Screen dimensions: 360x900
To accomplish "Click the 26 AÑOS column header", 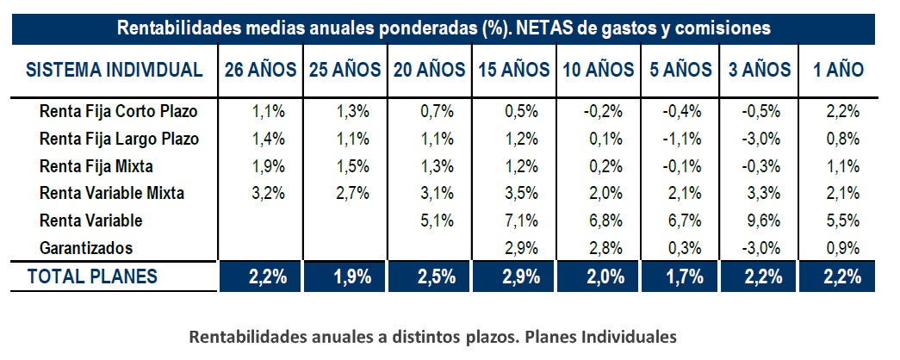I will tap(260, 71).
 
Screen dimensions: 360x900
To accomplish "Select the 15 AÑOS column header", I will tap(513, 71).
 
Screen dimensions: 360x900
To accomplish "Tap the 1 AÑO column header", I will tap(838, 71).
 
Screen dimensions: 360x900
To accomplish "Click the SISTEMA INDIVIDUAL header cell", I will tap(115, 71).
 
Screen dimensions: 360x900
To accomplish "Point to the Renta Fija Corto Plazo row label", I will tap(118, 111).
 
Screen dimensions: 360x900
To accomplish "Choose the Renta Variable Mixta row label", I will tap(112, 193).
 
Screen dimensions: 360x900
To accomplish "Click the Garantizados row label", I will tap(86, 248).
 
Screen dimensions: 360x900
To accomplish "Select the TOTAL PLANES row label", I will tap(92, 277).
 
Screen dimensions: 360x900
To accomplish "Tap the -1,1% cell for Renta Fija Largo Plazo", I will tap(677, 139).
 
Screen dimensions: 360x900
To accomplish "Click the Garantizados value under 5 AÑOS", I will tap(677, 248).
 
